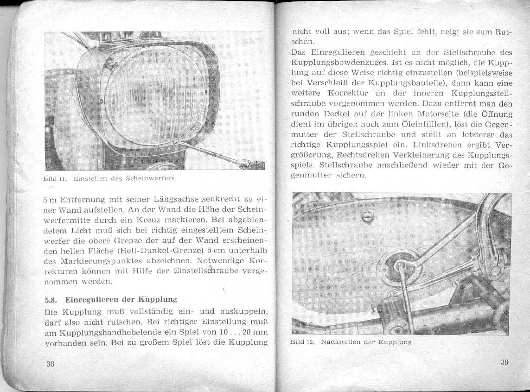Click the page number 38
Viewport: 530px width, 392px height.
(51, 364)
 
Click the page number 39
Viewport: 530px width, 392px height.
(504, 362)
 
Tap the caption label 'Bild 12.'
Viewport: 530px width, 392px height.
(304, 342)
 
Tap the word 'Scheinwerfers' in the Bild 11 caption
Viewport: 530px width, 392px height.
(154, 177)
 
